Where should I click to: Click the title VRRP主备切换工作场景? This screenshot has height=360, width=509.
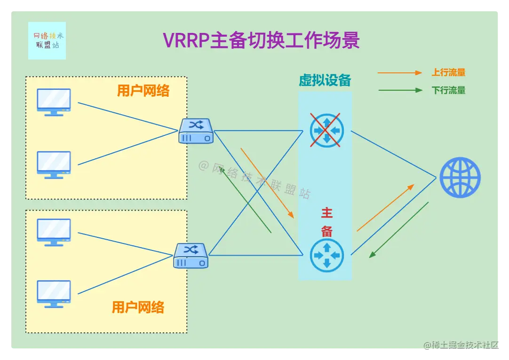(261, 40)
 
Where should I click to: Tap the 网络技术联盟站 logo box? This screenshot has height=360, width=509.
(47, 41)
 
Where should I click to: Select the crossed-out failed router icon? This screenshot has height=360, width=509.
(327, 130)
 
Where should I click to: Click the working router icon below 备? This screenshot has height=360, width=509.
(327, 255)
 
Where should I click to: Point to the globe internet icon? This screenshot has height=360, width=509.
(460, 178)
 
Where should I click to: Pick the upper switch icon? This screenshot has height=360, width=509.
(196, 131)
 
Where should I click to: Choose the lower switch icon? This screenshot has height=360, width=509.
(191, 256)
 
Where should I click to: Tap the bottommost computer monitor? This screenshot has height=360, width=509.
(54, 294)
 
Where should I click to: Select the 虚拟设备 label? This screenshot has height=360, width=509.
(325, 80)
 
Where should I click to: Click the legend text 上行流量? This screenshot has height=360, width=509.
(448, 72)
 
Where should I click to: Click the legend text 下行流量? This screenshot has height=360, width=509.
(448, 90)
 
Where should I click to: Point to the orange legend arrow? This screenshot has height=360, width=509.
(400, 73)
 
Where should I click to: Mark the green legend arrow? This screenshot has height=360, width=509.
(400, 90)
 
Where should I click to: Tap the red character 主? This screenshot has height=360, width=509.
(327, 213)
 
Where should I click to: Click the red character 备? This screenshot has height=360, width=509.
(327, 231)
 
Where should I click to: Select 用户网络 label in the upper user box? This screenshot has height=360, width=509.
(143, 91)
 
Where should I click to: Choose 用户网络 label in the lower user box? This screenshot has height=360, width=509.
(138, 307)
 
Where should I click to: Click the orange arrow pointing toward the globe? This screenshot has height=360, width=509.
(385, 208)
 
